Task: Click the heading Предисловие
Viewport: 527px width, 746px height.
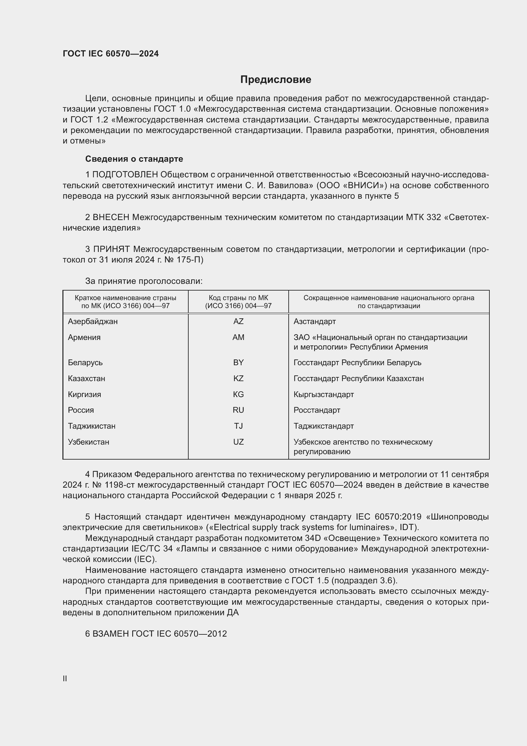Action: (x=276, y=80)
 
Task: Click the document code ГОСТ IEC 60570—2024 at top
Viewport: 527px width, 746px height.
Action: (x=111, y=54)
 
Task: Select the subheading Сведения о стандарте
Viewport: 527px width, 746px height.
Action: (x=134, y=159)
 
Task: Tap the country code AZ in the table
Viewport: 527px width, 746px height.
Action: (x=238, y=321)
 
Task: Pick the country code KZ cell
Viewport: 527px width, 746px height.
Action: (x=238, y=379)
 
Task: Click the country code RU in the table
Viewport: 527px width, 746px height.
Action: (x=238, y=410)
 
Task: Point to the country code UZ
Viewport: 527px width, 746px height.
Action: (x=238, y=442)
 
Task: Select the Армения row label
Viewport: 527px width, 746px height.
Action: (x=84, y=337)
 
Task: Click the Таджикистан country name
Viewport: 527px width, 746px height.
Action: (x=91, y=426)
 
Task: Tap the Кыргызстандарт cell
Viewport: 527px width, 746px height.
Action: (x=323, y=395)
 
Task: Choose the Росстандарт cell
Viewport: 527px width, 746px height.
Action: (x=317, y=410)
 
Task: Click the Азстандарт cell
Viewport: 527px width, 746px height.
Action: (x=314, y=321)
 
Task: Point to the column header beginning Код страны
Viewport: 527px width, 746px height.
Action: (x=238, y=302)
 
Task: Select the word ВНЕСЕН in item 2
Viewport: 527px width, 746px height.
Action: (x=111, y=217)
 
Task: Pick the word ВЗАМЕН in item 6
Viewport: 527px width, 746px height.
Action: (x=111, y=634)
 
